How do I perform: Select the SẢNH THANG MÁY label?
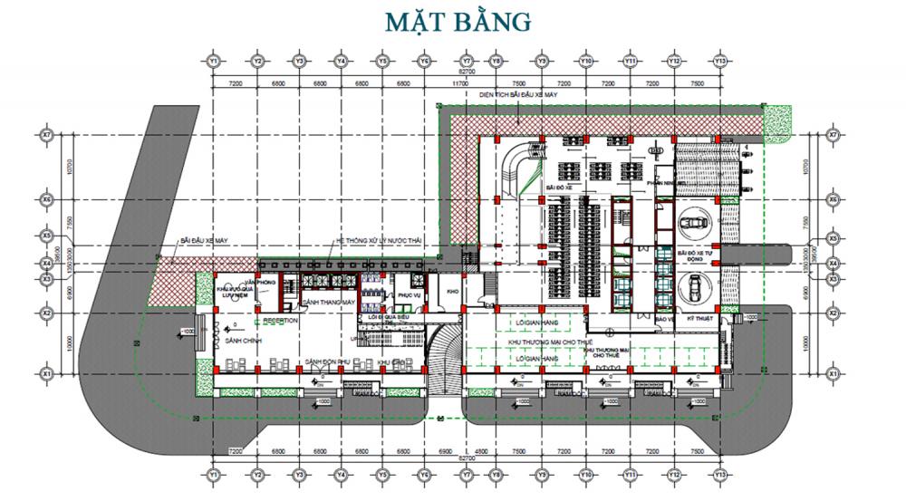coord(328,302)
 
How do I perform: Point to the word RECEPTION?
coord(281,321)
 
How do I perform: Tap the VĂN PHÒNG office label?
coord(265,283)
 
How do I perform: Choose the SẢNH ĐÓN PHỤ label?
coord(328,361)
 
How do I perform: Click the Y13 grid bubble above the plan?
coord(721,61)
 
